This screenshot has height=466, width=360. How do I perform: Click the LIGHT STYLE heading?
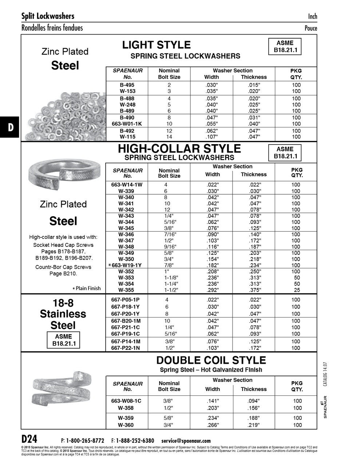pos(156,45)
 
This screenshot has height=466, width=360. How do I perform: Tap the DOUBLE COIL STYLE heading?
pos(211,360)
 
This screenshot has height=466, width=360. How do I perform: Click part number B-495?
pos(127,85)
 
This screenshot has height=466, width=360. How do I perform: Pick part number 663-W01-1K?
pos(127,124)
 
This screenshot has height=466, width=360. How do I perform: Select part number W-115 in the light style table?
pos(127,137)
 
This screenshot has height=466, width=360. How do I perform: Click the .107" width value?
pos(211,137)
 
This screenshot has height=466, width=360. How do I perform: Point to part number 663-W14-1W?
pos(127,185)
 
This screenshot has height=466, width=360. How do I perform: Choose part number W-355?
pos(126,290)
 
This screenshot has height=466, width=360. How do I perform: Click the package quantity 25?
pos(297,290)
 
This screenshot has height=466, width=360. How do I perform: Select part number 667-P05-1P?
pos(125,300)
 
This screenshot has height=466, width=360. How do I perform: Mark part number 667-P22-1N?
pos(125,348)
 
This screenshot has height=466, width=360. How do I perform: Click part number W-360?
pos(126,425)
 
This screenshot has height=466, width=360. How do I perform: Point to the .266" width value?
pos(213,425)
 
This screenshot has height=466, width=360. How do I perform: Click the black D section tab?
pos(10,127)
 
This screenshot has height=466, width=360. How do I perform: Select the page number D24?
pos(29,438)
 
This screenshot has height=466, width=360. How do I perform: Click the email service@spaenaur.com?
pos(186,441)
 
